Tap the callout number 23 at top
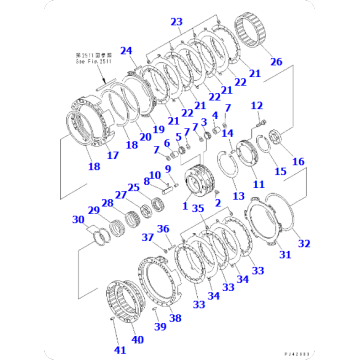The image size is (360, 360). [x=176, y=21]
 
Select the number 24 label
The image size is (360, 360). [x=127, y=50]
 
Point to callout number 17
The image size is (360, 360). [x=98, y=155]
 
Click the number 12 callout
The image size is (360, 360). [x=256, y=105]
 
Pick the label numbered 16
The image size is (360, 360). [x=297, y=161]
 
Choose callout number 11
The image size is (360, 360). [x=258, y=185]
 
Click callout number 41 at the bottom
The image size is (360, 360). [x=119, y=350]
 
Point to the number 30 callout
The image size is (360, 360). [x=77, y=221]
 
